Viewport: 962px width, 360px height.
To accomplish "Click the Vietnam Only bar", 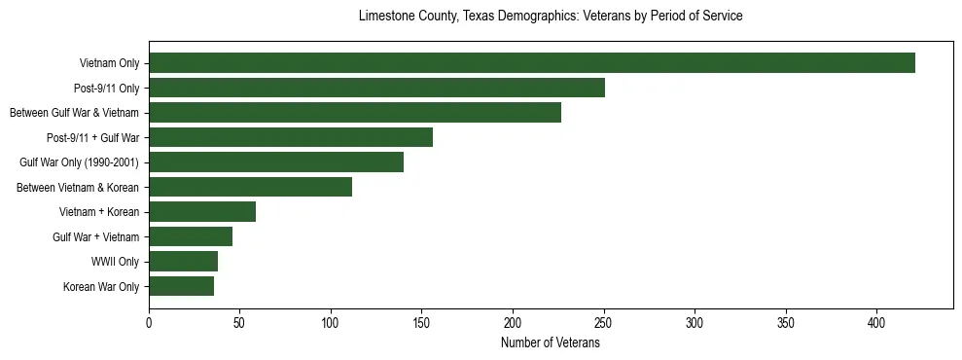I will [532, 63].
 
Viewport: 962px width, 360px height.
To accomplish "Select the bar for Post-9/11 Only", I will [376, 88].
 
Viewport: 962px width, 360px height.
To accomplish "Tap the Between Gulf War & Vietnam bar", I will [355, 113].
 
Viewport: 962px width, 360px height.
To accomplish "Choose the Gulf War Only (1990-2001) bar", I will [276, 162].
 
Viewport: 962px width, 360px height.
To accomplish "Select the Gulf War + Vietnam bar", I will [191, 236].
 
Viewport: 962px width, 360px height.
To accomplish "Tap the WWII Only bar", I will [183, 262].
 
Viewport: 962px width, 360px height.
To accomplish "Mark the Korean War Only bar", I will [181, 286].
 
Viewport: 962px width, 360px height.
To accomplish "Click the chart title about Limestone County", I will [551, 17].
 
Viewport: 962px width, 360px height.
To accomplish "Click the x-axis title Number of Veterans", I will [551, 343].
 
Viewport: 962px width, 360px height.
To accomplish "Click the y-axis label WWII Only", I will [115, 262].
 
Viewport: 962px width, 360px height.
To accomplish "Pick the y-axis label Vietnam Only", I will [109, 63].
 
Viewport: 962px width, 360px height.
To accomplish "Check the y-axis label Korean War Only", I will [101, 286].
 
